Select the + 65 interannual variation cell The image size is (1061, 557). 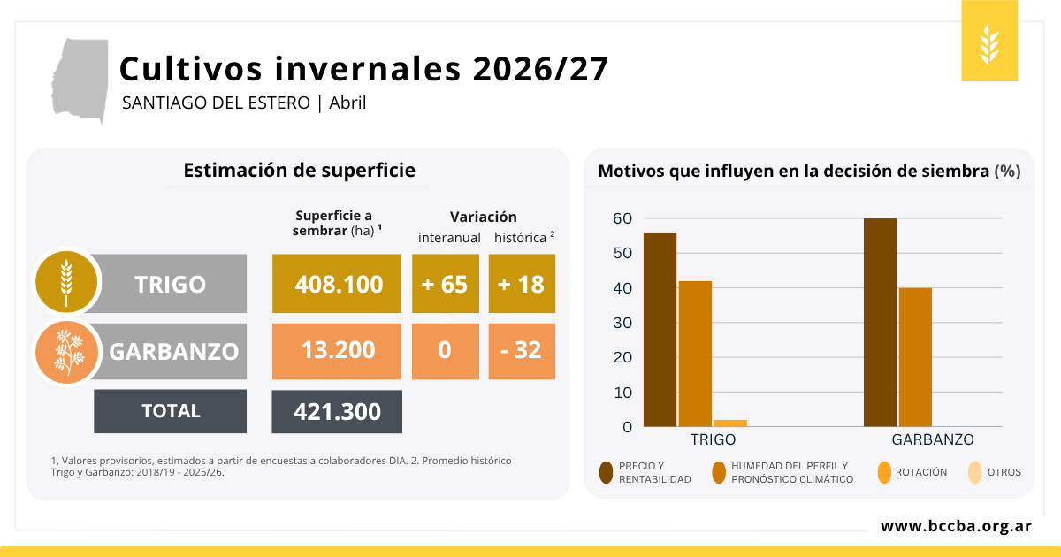pyautogui.click(x=445, y=284)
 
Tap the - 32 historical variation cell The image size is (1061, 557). pyautogui.click(x=521, y=350)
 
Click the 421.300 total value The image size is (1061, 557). pyautogui.click(x=336, y=412)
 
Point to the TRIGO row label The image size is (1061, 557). pyautogui.click(x=170, y=284)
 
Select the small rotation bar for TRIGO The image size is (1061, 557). pyautogui.click(x=730, y=423)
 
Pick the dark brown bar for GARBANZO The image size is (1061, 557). pyautogui.click(x=880, y=322)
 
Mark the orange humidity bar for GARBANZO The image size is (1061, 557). pyautogui.click(x=915, y=356)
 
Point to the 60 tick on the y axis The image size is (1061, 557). pyautogui.click(x=622, y=218)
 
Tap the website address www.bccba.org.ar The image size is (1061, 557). pyautogui.click(x=956, y=526)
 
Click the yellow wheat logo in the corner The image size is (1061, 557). pyautogui.click(x=989, y=41)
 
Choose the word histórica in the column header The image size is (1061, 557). pyautogui.click(x=520, y=237)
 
